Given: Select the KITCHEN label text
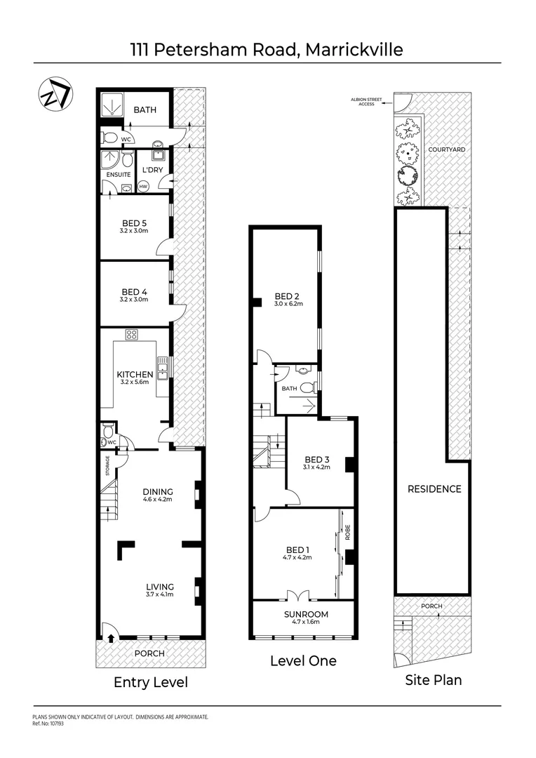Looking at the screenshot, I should pos(135,375).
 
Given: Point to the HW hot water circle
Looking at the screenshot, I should pos(144,187).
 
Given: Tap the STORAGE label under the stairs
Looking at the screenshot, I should pos(107,465).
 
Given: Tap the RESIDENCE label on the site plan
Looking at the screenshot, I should pos(434,488).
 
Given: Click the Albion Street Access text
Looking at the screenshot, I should pos(366,102).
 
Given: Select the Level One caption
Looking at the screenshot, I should pos(303,660).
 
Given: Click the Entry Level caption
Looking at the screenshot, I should pos(151,682).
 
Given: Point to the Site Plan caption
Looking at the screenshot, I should pos(434,679).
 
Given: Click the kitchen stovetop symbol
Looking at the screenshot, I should pos(132,335).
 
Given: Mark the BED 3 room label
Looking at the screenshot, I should pos(318,460).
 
